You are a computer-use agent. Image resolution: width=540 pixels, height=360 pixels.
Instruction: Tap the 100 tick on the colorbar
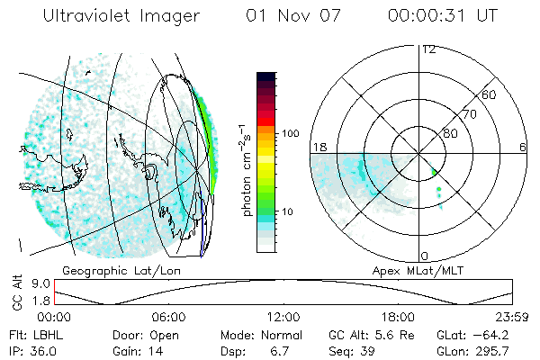click(289, 133)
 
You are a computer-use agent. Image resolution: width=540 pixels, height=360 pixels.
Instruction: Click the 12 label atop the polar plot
click(428, 49)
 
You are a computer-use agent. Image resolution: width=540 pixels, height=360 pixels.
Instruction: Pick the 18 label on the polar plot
click(317, 147)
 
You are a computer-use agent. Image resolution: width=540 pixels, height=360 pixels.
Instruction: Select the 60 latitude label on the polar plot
click(490, 94)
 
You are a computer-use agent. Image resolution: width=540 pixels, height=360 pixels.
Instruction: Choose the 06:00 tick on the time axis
click(168, 317)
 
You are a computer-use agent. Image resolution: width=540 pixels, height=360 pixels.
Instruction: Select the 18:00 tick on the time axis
click(398, 317)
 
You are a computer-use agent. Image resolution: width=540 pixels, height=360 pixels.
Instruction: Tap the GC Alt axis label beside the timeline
click(15, 292)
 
